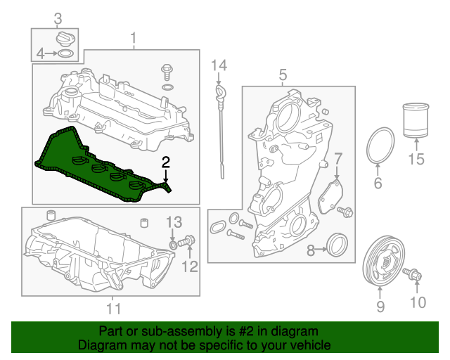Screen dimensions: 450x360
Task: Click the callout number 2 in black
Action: pos(166,162)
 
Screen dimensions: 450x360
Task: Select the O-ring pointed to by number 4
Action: pos(65,53)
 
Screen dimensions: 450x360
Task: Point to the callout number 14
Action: pos(219,65)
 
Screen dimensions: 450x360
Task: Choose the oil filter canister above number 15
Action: pos(416,120)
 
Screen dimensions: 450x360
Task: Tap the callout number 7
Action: pos(338,159)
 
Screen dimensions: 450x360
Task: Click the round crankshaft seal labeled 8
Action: pos(337,245)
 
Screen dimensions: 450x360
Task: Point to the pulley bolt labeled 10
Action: pos(412,274)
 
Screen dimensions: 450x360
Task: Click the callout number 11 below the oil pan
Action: pos(114,309)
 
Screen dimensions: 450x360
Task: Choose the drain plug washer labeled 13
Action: pos(173,245)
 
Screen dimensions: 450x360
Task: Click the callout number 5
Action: pos(283,75)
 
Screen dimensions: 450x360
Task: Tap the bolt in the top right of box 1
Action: pos(167,72)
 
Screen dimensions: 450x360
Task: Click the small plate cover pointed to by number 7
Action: pos(330,197)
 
